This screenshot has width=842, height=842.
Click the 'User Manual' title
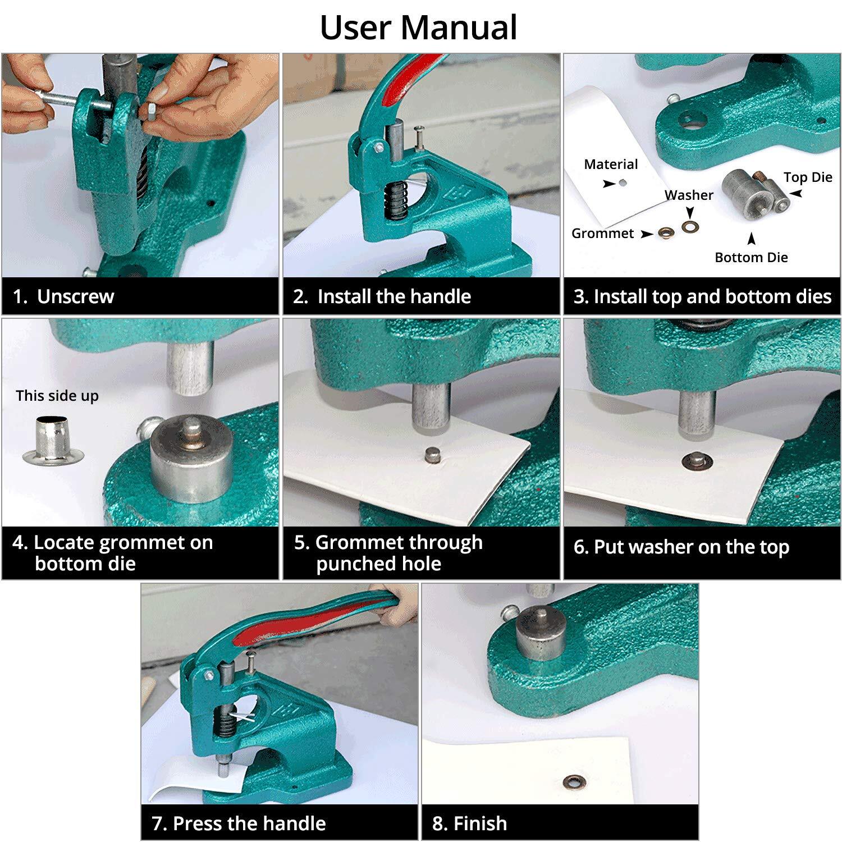(418, 28)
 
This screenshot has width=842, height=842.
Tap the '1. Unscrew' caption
(63, 296)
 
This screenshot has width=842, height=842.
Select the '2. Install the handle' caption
(382, 296)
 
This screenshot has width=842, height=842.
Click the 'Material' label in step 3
(611, 164)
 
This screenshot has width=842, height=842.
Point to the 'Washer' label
(689, 195)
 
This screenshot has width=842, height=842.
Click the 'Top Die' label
(807, 177)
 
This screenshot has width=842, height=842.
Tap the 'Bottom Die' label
(751, 258)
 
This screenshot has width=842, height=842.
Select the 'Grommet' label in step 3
(602, 234)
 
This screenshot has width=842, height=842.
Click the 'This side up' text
(57, 396)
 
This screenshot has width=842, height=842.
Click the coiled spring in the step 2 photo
(397, 202)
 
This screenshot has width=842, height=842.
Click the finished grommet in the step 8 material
(573, 781)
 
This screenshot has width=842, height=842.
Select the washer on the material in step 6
(697, 462)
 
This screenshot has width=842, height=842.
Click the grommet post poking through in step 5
(432, 454)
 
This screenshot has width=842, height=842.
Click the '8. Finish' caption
(469, 823)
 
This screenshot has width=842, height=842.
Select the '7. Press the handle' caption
(239, 823)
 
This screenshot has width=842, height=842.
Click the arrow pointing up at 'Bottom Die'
(751, 239)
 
